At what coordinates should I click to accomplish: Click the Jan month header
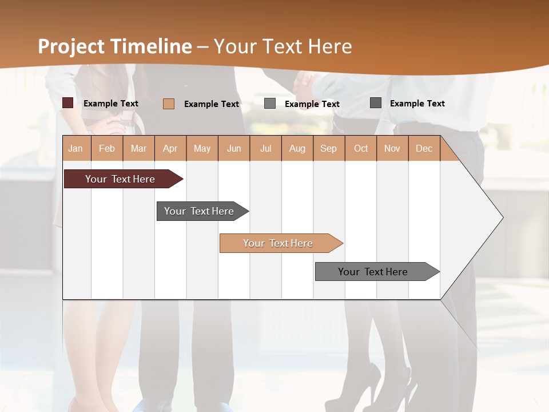click(x=75, y=148)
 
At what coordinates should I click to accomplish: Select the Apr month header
click(x=170, y=148)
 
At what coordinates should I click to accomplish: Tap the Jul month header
click(x=265, y=148)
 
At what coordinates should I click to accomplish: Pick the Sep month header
click(x=328, y=148)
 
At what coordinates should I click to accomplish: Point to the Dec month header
click(x=424, y=148)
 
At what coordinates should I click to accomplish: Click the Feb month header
click(x=107, y=148)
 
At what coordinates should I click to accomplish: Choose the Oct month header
click(x=361, y=148)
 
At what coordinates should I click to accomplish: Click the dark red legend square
click(x=68, y=103)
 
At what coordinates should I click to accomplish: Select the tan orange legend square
click(x=168, y=104)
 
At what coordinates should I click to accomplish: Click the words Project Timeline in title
click(x=114, y=46)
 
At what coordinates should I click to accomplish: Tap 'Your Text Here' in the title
click(x=283, y=46)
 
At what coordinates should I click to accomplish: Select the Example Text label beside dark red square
click(x=111, y=104)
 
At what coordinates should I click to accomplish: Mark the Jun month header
click(x=234, y=148)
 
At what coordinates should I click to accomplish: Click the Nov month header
click(x=392, y=148)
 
